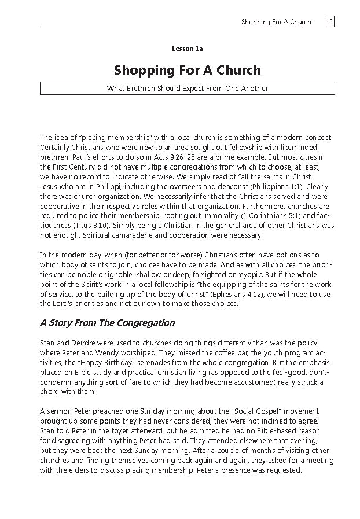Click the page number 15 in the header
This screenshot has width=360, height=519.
(x=329, y=22)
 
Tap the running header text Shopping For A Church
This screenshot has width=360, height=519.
(x=276, y=22)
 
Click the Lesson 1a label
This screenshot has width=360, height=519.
(x=187, y=49)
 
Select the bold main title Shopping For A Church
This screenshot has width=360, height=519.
(x=187, y=71)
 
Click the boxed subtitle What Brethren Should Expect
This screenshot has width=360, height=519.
(x=187, y=89)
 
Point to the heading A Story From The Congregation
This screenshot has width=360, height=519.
(x=107, y=323)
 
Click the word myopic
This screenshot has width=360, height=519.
(x=281, y=275)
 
